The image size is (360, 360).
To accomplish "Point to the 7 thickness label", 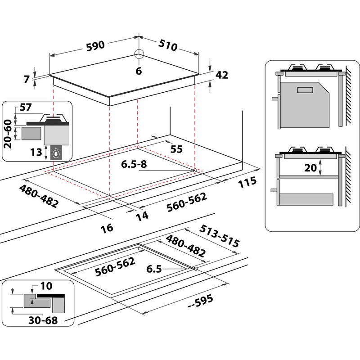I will pos(27,79).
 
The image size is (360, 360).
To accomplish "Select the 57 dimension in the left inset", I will pos(26,108).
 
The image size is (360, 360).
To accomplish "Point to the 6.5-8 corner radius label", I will pos(134,164).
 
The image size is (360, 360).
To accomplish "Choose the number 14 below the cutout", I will pos(142,216).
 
